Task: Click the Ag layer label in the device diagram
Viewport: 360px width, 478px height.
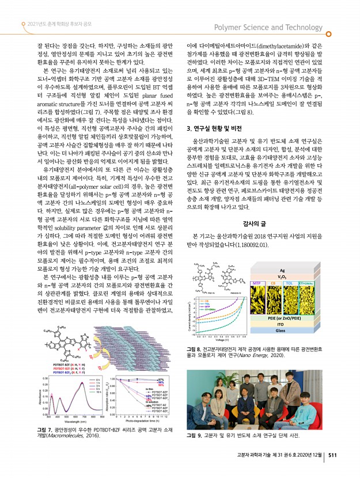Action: tap(282, 270)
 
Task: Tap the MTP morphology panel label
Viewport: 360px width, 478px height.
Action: tap(259, 283)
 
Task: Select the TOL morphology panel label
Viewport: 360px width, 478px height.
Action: tap(290, 283)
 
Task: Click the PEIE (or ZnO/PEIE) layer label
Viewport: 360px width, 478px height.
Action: tap(281, 317)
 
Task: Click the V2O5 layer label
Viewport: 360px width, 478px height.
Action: tap(282, 276)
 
